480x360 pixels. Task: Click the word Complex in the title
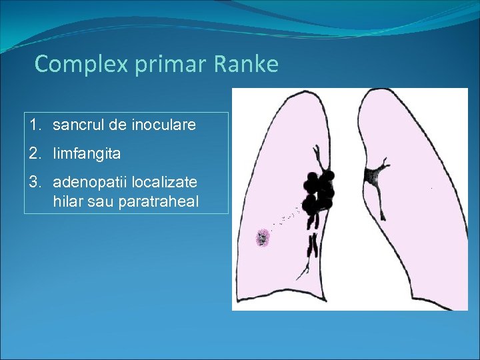69,65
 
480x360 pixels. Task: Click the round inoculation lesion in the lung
263,237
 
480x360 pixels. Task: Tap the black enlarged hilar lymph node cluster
319,193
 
